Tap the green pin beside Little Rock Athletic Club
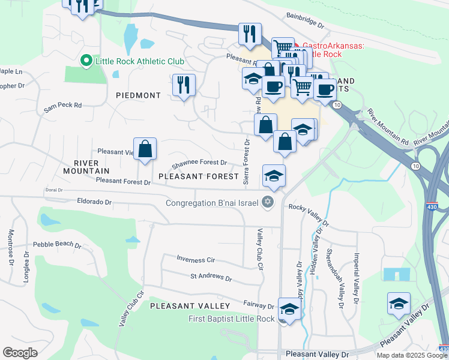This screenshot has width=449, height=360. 86,61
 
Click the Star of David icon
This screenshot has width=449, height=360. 268,202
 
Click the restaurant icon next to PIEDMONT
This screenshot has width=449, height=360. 184,85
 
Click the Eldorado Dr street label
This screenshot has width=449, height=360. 95,202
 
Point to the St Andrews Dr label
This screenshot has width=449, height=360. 211,277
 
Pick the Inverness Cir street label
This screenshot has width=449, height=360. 195,259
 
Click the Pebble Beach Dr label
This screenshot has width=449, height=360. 57,245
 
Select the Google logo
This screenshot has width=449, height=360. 20,352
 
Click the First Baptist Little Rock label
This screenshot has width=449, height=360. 231,319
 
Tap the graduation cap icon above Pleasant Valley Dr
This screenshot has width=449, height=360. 399,304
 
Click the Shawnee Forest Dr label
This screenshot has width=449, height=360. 199,163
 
